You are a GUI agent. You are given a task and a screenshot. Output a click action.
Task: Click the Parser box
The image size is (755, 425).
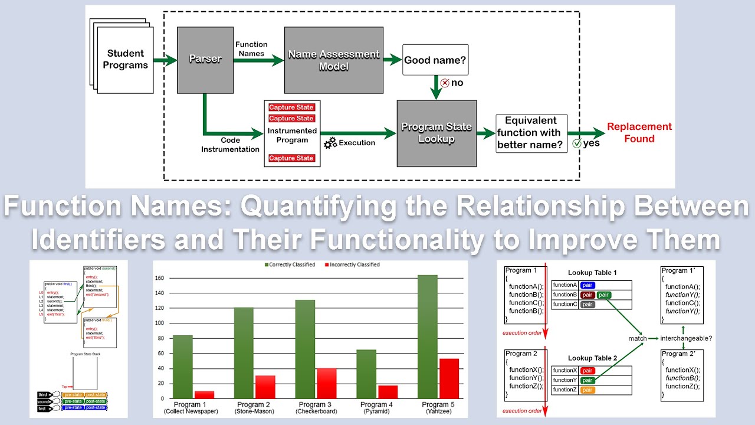(x=205, y=60)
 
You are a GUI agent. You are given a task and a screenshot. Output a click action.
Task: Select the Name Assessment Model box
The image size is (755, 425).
(x=333, y=60)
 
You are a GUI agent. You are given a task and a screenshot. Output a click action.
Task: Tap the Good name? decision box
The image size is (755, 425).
(x=435, y=60)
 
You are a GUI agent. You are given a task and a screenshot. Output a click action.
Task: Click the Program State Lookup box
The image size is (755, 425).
(x=436, y=133)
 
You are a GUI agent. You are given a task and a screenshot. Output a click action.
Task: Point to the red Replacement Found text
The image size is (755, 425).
(x=639, y=133)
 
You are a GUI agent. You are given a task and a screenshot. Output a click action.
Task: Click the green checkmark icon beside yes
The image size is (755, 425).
(x=577, y=143)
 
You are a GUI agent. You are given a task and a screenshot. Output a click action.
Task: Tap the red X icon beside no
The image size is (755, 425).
(x=445, y=83)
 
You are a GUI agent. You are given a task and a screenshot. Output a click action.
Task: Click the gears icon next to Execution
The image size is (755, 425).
(x=330, y=142)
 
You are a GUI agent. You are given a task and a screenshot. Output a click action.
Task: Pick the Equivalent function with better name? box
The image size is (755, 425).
(x=531, y=133)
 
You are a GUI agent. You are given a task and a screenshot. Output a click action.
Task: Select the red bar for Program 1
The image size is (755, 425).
(x=204, y=394)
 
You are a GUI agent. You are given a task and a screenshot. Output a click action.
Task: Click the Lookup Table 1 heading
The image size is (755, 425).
(x=592, y=273)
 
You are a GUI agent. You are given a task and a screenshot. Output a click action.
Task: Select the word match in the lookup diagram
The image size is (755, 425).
(x=637, y=338)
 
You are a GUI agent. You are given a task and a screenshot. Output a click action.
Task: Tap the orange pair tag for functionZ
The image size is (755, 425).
(x=587, y=390)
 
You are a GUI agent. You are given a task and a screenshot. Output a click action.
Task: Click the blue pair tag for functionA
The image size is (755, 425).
(x=591, y=285)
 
